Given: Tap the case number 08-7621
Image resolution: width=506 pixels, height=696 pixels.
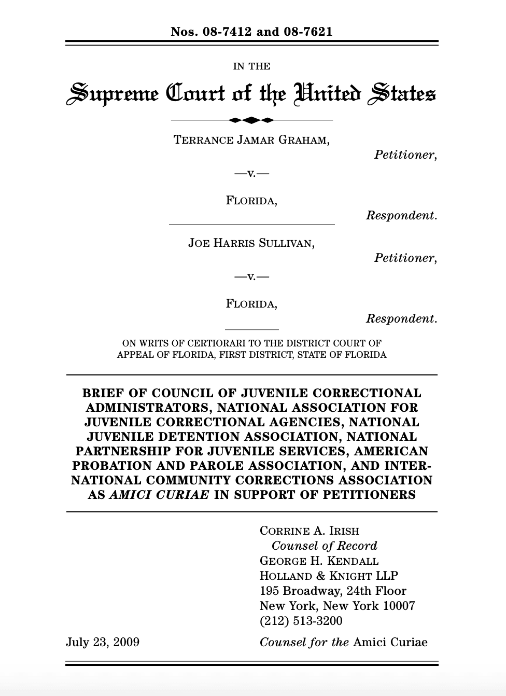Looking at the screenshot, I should [308, 32].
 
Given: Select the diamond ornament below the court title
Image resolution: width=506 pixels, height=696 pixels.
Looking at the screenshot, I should [251, 120].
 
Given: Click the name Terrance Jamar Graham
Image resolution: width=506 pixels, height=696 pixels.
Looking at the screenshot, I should [251, 140].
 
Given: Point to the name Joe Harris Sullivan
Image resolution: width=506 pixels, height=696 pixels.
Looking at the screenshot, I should [251, 243].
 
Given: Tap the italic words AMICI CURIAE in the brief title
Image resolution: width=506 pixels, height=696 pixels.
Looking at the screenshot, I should [159, 495].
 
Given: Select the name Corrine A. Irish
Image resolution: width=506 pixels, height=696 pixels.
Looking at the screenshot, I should [310, 531].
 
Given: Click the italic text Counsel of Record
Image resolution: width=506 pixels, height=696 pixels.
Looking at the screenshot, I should [324, 546].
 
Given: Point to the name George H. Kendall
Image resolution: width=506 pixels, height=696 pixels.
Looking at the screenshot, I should [319, 561].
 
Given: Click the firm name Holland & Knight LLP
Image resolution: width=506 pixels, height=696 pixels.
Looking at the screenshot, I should [329, 576].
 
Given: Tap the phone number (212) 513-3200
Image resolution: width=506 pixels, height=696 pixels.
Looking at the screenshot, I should [301, 621].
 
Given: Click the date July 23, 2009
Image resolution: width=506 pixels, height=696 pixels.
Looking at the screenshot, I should [103, 642].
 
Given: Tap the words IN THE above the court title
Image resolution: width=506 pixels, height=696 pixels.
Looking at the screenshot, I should [251, 66].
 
